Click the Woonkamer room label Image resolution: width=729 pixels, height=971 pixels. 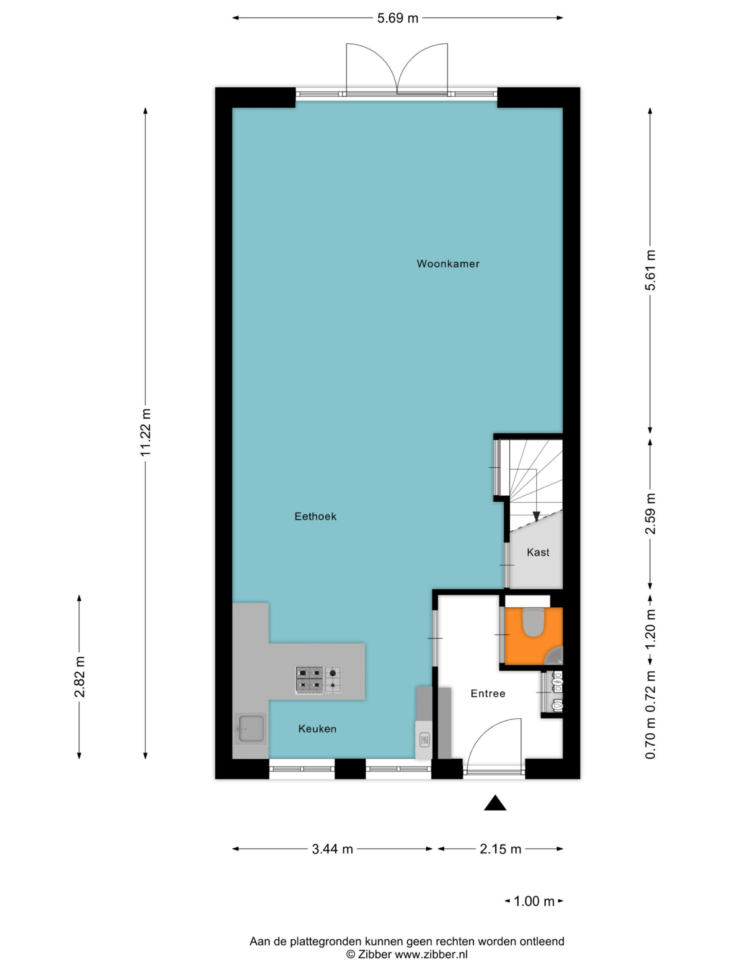pos(448,264)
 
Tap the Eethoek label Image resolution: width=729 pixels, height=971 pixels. pos(315,516)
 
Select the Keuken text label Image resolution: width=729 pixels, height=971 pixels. pos(317,729)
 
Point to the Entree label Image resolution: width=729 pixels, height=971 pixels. pos(488,693)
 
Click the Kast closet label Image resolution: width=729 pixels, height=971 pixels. pos(538,552)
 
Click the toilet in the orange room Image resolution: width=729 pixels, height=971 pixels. pos(533,622)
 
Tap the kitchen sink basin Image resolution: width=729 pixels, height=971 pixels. pos(251,728)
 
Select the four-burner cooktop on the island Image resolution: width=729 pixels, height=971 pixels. pos(309,680)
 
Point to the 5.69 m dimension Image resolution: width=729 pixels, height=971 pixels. pos(398,19)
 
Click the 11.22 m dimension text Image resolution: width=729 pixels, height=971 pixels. pos(146,433)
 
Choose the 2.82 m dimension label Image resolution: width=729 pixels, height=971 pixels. pos(80,677)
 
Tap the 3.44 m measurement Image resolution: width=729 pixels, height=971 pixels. pos(332,849)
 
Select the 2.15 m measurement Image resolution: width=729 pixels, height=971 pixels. pos(501,849)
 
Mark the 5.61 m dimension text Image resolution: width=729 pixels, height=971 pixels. pos(650,270)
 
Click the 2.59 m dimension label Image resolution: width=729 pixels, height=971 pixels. pos(650,514)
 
